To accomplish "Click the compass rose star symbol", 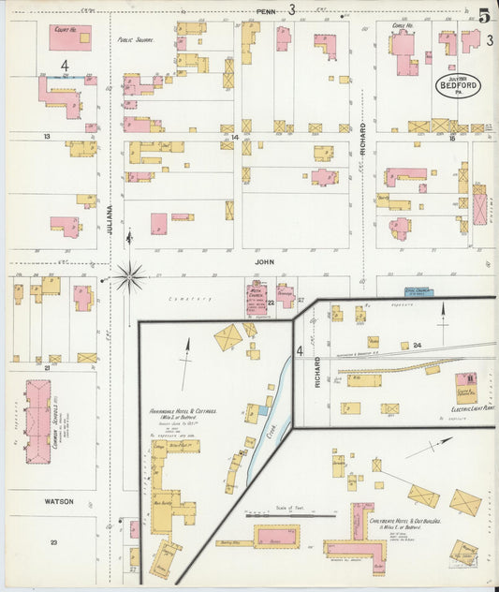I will tap(130, 276).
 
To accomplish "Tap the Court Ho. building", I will tap(70, 37).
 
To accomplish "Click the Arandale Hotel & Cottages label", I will tap(178, 412).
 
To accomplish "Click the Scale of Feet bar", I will tap(289, 513).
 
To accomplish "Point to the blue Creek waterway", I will tap(270, 412).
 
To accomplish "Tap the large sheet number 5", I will tap(483, 16).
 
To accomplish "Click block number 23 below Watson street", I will tap(54, 543).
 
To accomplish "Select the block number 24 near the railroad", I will tap(418, 346).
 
